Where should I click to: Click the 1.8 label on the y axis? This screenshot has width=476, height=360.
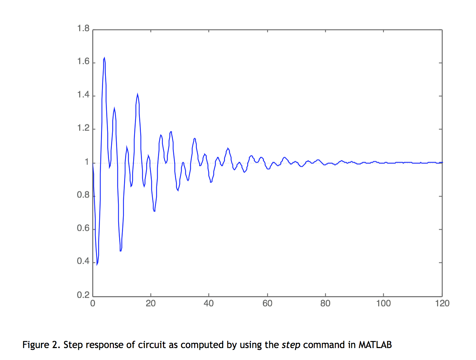click(83, 28)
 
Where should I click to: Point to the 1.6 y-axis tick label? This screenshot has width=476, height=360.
click(83, 62)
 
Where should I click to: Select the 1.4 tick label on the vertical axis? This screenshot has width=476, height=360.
click(83, 95)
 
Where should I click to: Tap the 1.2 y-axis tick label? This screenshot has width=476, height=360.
click(83, 128)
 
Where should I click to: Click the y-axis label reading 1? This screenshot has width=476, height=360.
click(87, 162)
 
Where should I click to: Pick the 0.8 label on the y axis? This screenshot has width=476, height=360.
click(83, 195)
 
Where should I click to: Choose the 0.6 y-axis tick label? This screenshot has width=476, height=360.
click(83, 228)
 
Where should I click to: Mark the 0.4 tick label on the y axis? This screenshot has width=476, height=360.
click(83, 261)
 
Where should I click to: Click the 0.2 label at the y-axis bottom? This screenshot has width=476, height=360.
click(83, 295)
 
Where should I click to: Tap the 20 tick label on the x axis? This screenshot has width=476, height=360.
click(151, 304)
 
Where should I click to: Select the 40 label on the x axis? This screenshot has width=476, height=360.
click(209, 304)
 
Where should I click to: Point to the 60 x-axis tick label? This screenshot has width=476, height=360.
click(267, 304)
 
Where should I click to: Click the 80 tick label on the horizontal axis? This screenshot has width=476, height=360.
click(325, 304)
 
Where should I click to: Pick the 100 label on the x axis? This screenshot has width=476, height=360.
click(383, 304)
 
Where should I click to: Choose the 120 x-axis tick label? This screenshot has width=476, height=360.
click(442, 304)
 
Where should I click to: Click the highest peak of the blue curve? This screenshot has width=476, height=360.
click(104, 58)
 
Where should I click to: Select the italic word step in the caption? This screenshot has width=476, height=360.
click(291, 345)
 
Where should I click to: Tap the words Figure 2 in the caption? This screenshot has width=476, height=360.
click(41, 345)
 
